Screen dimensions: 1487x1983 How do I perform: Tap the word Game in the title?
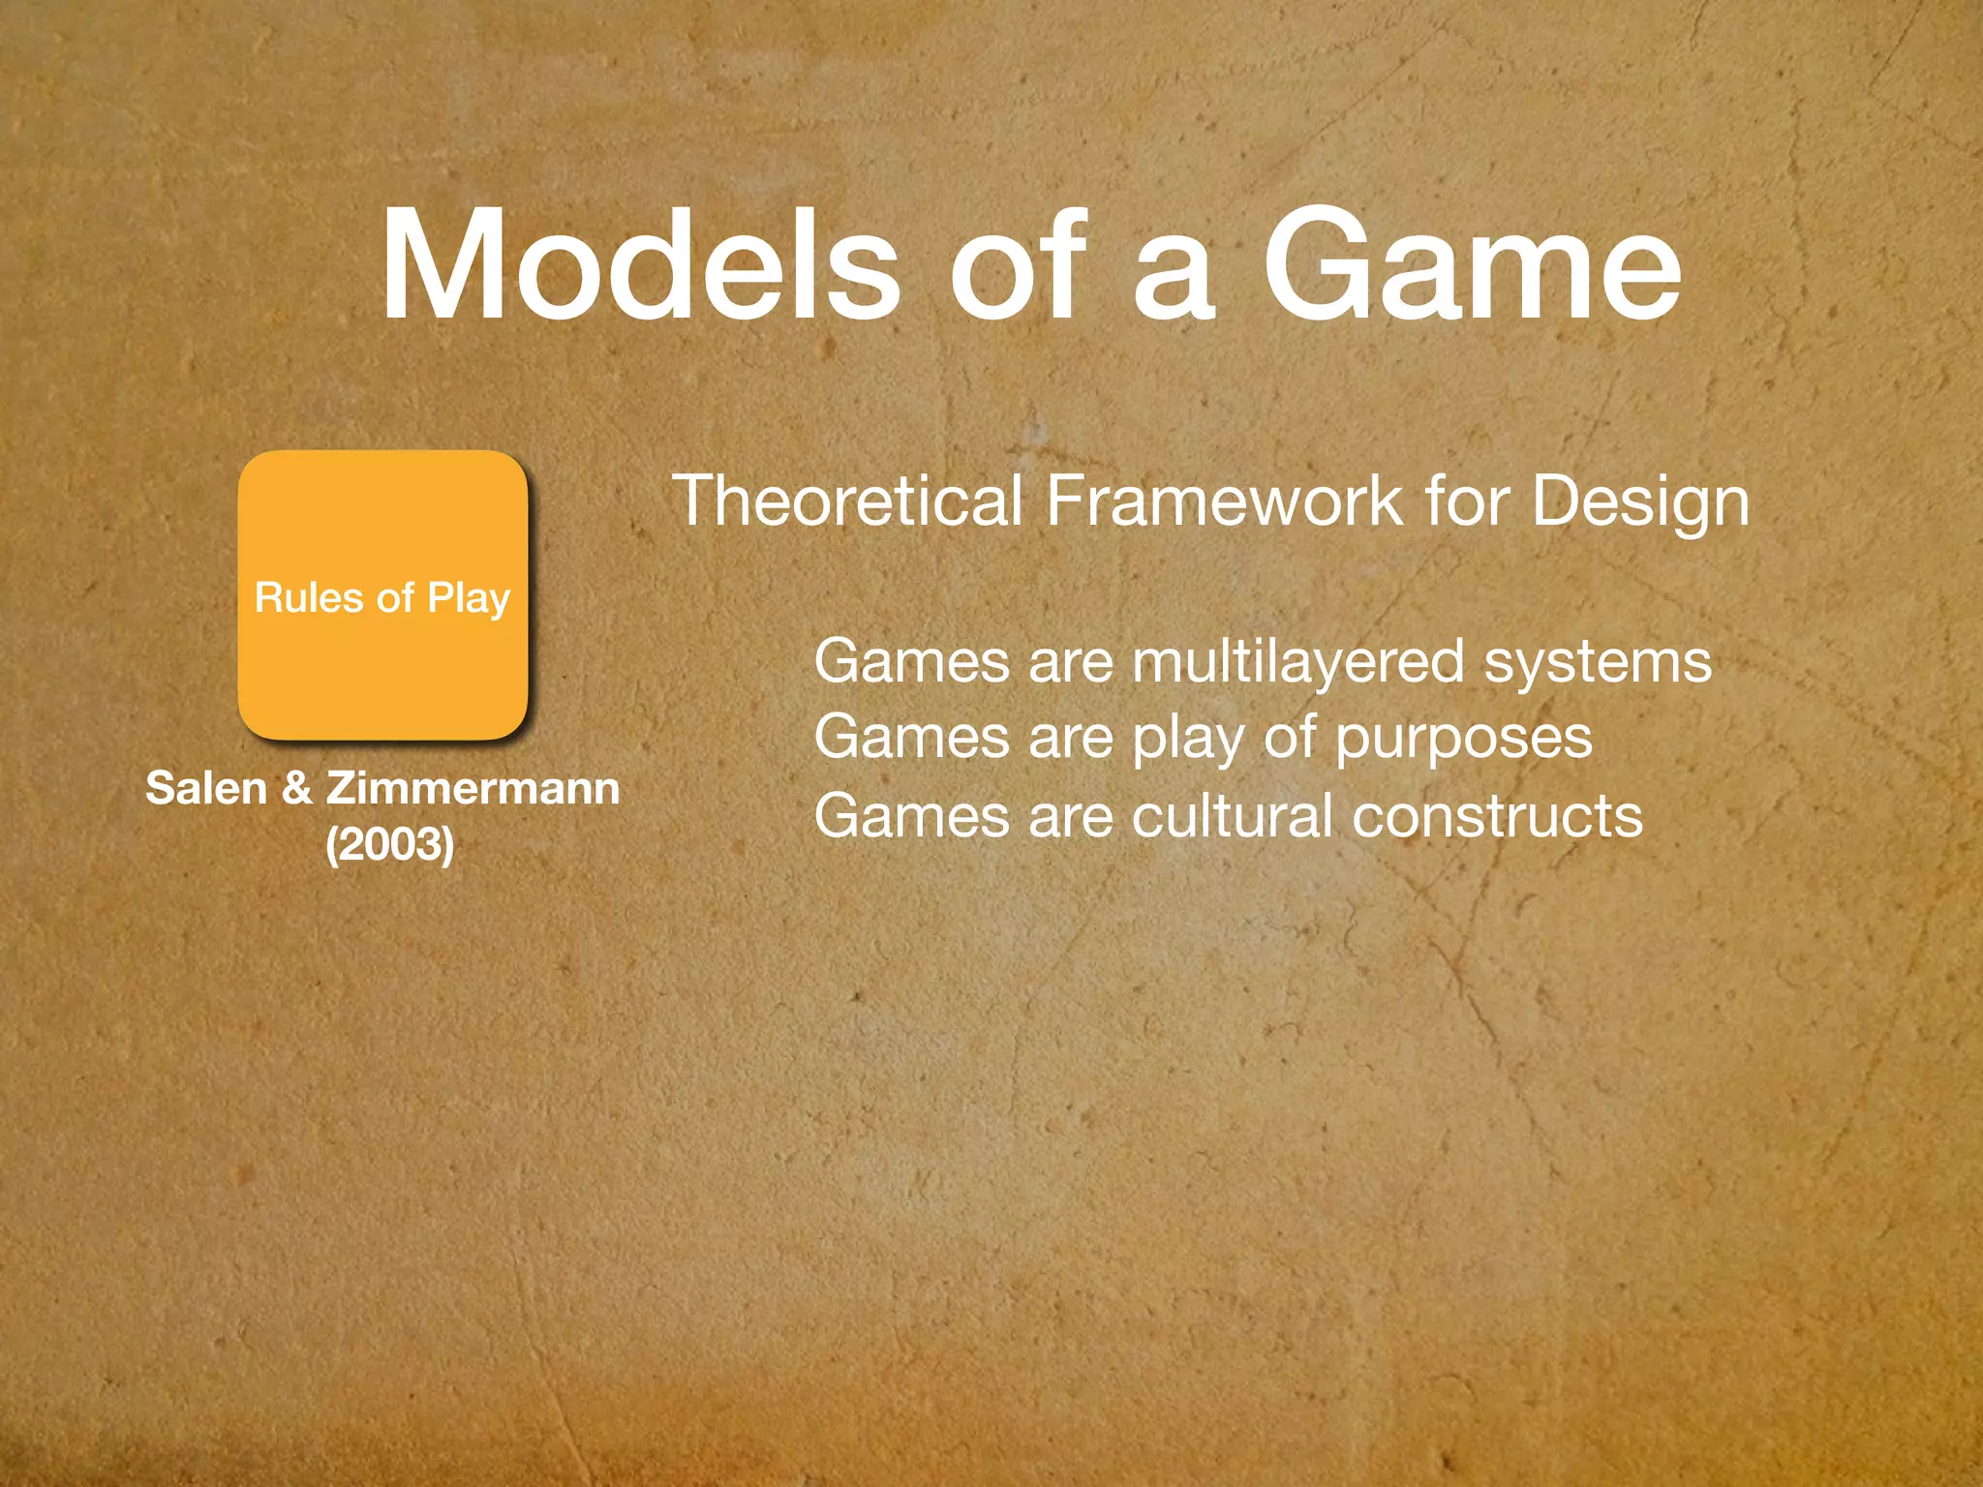coord(1471,265)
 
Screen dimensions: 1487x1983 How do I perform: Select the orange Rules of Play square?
coord(383,595)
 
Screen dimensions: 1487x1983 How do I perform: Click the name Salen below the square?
coord(205,788)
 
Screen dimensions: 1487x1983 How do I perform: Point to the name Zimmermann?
coord(473,788)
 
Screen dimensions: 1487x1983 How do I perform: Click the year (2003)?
coord(390,843)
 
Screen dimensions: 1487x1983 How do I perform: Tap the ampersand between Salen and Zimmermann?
coord(297,788)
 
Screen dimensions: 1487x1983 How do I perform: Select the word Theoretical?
coord(847,501)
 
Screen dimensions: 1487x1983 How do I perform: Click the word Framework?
coord(1224,501)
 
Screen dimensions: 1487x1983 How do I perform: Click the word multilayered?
coord(1297,663)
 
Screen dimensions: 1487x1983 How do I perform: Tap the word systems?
coord(1598,663)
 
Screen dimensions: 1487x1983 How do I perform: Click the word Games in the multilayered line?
coord(912,663)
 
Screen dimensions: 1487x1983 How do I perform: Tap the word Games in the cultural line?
coord(912,816)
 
